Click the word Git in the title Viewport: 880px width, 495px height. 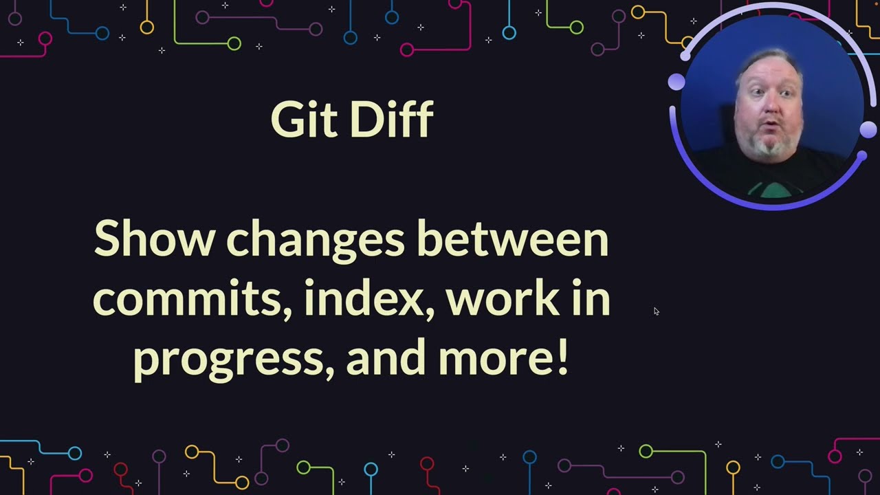[304, 120]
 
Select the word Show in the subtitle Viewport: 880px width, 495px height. [155, 239]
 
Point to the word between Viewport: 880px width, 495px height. [513, 239]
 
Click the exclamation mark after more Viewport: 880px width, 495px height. [563, 357]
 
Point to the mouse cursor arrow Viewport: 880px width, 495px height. [657, 311]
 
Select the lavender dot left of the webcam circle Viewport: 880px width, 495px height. [676, 82]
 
